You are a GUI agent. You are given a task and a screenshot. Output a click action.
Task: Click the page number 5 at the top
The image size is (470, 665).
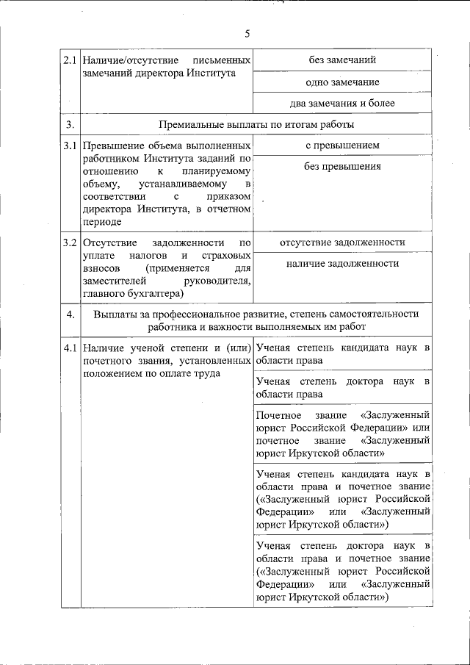pyautogui.click(x=247, y=33)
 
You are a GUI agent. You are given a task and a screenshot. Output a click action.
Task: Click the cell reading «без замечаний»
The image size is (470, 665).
pyautogui.click(x=342, y=60)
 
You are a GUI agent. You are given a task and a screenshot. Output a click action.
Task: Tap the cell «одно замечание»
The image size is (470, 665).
pyautogui.click(x=342, y=82)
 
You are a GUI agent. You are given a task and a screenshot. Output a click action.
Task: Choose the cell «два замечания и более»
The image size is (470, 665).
pyautogui.click(x=342, y=104)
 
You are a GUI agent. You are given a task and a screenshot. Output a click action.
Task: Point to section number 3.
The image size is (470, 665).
pyautogui.click(x=70, y=124)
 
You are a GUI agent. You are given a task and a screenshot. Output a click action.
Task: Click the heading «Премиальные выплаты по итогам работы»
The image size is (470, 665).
pyautogui.click(x=256, y=124)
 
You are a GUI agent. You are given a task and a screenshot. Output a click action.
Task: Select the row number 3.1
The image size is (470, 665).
pyautogui.click(x=70, y=146)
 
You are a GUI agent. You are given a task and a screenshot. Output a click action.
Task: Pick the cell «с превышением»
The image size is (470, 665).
pyautogui.click(x=342, y=145)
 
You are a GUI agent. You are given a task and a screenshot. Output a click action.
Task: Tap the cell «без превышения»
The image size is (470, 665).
pyautogui.click(x=342, y=167)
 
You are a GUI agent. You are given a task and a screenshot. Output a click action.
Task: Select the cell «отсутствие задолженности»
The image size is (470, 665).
pyautogui.click(x=342, y=242)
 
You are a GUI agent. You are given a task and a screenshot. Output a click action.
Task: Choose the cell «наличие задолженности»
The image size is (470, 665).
pyautogui.click(x=342, y=264)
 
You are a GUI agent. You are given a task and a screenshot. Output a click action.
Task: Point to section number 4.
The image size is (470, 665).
pyautogui.click(x=70, y=314)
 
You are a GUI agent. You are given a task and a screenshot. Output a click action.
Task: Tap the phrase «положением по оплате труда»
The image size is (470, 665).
pyautogui.click(x=152, y=373)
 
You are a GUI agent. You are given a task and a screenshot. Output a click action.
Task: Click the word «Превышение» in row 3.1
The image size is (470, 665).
pyautogui.click(x=113, y=146)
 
